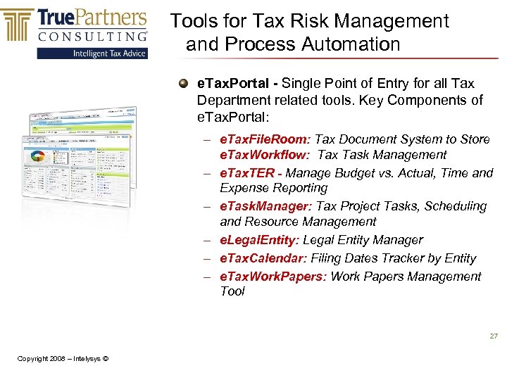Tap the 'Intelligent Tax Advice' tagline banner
coord(111,53)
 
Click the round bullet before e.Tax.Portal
coord(183,83)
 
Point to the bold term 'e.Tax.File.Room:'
coord(265,139)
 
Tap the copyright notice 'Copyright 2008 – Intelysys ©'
coord(63,359)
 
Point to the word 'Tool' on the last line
coord(232,291)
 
